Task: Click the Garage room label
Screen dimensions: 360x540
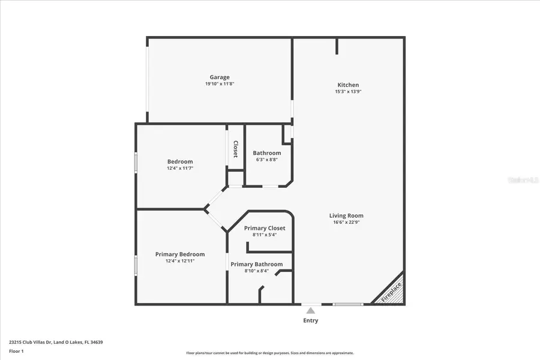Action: pyautogui.click(x=220, y=77)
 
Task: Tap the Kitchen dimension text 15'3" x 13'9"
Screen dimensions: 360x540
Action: pyautogui.click(x=348, y=92)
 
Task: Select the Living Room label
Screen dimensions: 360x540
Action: pyautogui.click(x=346, y=216)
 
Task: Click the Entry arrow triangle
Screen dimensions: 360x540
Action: pyautogui.click(x=310, y=310)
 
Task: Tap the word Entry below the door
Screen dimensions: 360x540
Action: pyautogui.click(x=310, y=320)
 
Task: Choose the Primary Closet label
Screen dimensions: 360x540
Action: pyautogui.click(x=265, y=228)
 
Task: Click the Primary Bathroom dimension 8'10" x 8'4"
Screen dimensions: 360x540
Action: pyautogui.click(x=256, y=271)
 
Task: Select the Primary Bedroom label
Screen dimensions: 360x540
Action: pyautogui.click(x=180, y=254)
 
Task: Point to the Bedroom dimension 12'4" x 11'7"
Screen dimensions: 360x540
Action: pyautogui.click(x=180, y=169)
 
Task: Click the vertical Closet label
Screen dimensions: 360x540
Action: pyautogui.click(x=236, y=149)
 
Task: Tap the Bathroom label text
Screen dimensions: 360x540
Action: pyautogui.click(x=266, y=153)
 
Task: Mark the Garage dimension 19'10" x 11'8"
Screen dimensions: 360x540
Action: pyautogui.click(x=220, y=84)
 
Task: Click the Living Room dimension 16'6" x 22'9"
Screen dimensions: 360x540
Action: pyautogui.click(x=346, y=222)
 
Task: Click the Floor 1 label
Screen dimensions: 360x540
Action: pyautogui.click(x=16, y=350)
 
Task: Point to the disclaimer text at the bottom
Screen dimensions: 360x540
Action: pyautogui.click(x=270, y=353)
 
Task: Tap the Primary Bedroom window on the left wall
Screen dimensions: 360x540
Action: pyautogui.click(x=136, y=265)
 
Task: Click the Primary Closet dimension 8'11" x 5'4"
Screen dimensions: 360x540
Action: pyautogui.click(x=265, y=235)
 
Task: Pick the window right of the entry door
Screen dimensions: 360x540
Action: pyautogui.click(x=348, y=304)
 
